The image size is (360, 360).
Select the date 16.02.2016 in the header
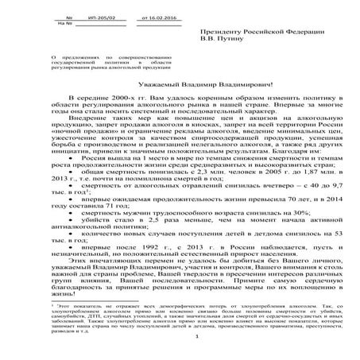(154, 17)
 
